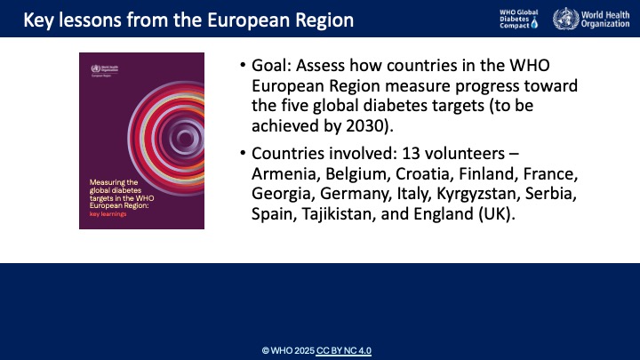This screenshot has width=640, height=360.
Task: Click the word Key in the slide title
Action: point(28,19)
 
